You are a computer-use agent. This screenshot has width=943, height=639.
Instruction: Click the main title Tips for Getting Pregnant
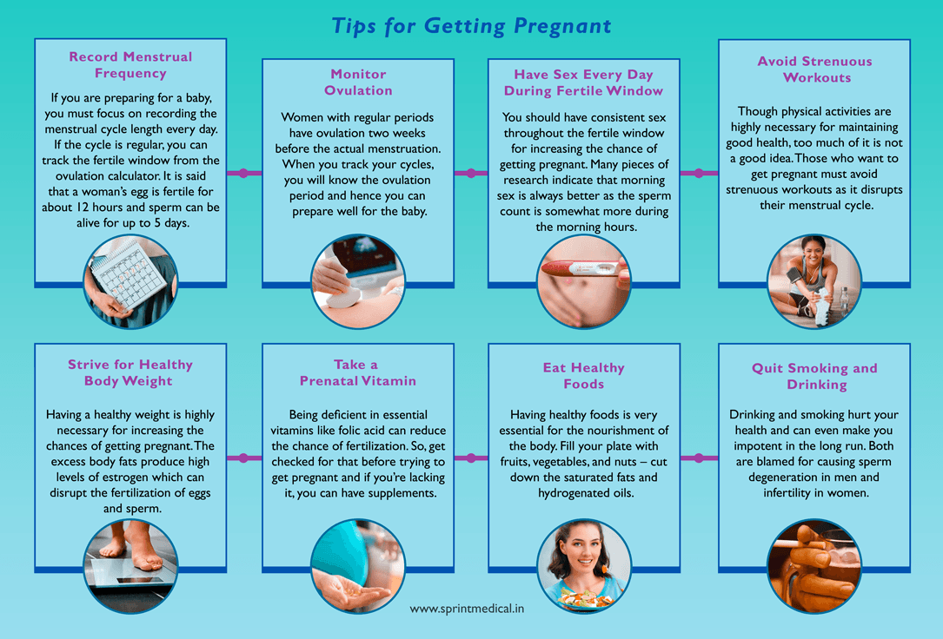click(x=471, y=25)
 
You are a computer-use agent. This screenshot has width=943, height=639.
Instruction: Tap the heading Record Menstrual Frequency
click(x=130, y=65)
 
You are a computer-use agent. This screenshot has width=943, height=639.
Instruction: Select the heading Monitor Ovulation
click(x=358, y=82)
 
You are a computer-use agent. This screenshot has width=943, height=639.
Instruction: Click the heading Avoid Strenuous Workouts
click(x=814, y=69)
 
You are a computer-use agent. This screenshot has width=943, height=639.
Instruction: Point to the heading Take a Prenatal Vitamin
click(x=358, y=372)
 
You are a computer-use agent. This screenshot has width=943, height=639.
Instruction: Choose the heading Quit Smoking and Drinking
click(x=814, y=376)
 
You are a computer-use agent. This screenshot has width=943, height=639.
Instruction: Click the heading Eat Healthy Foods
click(x=583, y=376)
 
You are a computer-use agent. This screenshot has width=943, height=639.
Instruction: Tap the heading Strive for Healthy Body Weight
click(x=130, y=372)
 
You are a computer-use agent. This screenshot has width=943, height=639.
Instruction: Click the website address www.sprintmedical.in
click(x=467, y=609)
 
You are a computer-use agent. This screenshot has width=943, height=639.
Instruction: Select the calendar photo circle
click(x=130, y=282)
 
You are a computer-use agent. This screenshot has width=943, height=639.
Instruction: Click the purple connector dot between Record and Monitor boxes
click(x=244, y=173)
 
